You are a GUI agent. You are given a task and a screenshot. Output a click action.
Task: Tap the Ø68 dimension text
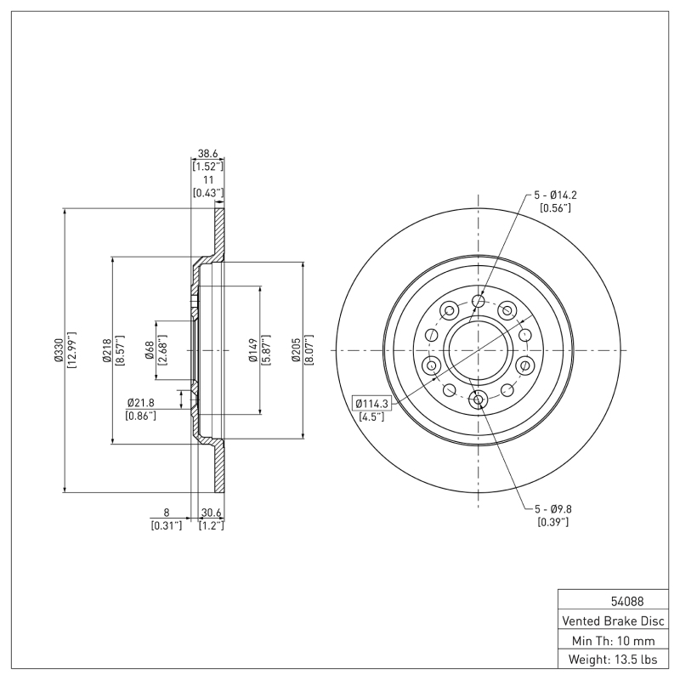coord(150,349)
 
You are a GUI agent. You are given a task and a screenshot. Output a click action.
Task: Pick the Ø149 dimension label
coord(253,349)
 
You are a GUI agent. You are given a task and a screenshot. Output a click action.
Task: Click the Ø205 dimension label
coord(297,349)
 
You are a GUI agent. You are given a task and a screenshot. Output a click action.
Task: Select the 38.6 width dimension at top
coord(207,154)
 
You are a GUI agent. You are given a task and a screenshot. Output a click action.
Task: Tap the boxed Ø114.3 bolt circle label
coord(370,403)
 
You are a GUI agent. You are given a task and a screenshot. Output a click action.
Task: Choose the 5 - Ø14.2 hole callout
coord(557,195)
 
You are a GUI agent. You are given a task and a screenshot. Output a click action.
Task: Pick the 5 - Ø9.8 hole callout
coord(554,509)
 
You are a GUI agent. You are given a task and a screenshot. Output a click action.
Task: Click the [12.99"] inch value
coord(71,349)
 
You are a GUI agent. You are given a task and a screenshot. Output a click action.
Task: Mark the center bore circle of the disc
coord(478,349)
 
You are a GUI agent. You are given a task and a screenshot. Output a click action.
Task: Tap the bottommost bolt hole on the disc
coord(478,399)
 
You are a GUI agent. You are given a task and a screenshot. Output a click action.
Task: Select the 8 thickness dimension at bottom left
coord(167,513)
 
